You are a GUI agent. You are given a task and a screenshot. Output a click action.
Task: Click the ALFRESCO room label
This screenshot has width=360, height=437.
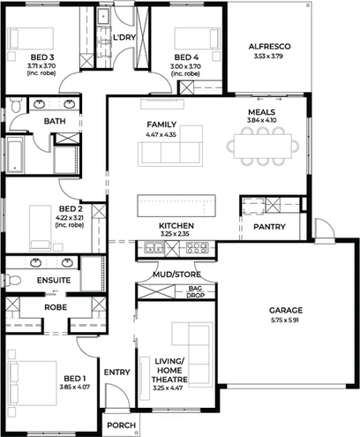point(269,45)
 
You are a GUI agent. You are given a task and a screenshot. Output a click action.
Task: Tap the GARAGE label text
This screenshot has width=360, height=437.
point(286,311)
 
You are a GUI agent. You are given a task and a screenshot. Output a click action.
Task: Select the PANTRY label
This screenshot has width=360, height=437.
point(268,227)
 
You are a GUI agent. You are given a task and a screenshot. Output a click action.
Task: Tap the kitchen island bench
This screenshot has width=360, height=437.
point(176,208)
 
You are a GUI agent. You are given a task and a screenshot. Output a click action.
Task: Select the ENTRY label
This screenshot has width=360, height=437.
point(116,373)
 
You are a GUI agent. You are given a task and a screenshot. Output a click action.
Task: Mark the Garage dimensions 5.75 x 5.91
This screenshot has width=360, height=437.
point(286,320)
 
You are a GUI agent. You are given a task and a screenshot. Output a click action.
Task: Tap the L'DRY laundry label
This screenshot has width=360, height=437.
point(124,38)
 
